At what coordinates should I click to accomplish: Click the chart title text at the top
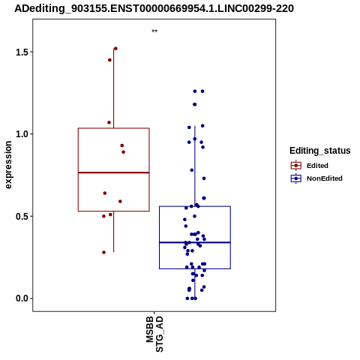pos(154,8)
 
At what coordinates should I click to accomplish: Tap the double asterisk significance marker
pos(154,31)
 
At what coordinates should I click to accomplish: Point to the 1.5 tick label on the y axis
pos(21,52)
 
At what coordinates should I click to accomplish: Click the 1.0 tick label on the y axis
pos(21,134)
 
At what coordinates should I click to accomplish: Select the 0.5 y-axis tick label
pos(21,216)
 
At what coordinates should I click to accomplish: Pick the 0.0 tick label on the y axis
pos(21,298)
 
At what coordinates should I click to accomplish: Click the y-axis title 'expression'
pos(8,165)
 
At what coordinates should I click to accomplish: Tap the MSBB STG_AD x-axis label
pos(154,334)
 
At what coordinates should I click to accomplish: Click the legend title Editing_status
pos(320,151)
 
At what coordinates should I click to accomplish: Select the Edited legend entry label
pos(317,166)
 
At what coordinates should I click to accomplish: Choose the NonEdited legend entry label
pos(325,178)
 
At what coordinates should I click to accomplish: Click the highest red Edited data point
pos(115,49)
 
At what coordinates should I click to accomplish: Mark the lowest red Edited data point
pos(104,252)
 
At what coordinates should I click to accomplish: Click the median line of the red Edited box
pos(114,172)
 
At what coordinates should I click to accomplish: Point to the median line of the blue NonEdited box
pos(195,242)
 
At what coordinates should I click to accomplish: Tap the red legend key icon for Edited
pos(296,166)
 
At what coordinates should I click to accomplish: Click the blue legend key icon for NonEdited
pos(296,178)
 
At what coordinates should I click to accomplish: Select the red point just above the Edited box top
pos(109,122)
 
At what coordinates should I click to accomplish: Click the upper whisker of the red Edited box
pos(114,88)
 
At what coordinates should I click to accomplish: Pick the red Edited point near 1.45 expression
pos(109,60)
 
